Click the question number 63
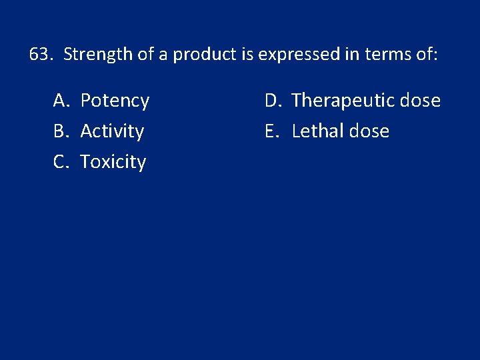coord(41,54)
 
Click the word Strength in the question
coord(98,54)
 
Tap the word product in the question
coord(204,54)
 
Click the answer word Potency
coord(115,101)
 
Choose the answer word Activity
coord(112,131)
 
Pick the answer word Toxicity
coord(113,161)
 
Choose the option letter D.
coord(272,101)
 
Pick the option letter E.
coord(271,131)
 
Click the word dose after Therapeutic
coord(419,101)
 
